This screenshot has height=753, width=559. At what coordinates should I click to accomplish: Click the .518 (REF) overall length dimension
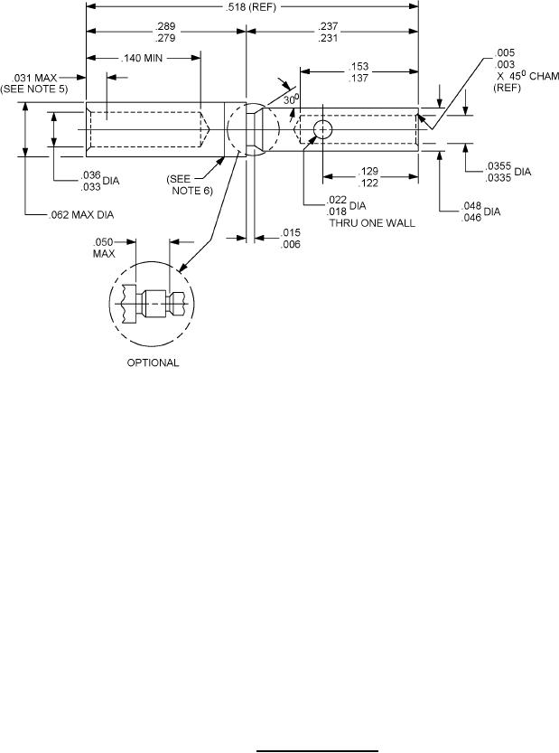coord(250,7)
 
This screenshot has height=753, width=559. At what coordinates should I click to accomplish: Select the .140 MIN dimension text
coord(142,58)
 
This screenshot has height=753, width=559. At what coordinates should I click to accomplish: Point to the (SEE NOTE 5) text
coord(34,89)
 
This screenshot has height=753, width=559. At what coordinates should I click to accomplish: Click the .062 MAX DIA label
coord(81,214)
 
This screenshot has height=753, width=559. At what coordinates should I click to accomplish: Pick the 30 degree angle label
coord(292,99)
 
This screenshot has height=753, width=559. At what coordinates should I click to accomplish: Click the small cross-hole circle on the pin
coord(323,129)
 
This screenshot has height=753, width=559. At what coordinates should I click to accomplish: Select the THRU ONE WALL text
coord(372,222)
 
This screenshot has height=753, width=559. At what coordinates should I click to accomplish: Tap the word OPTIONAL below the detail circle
coord(153,362)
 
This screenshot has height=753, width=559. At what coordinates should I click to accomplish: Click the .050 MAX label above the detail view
coord(104,248)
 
